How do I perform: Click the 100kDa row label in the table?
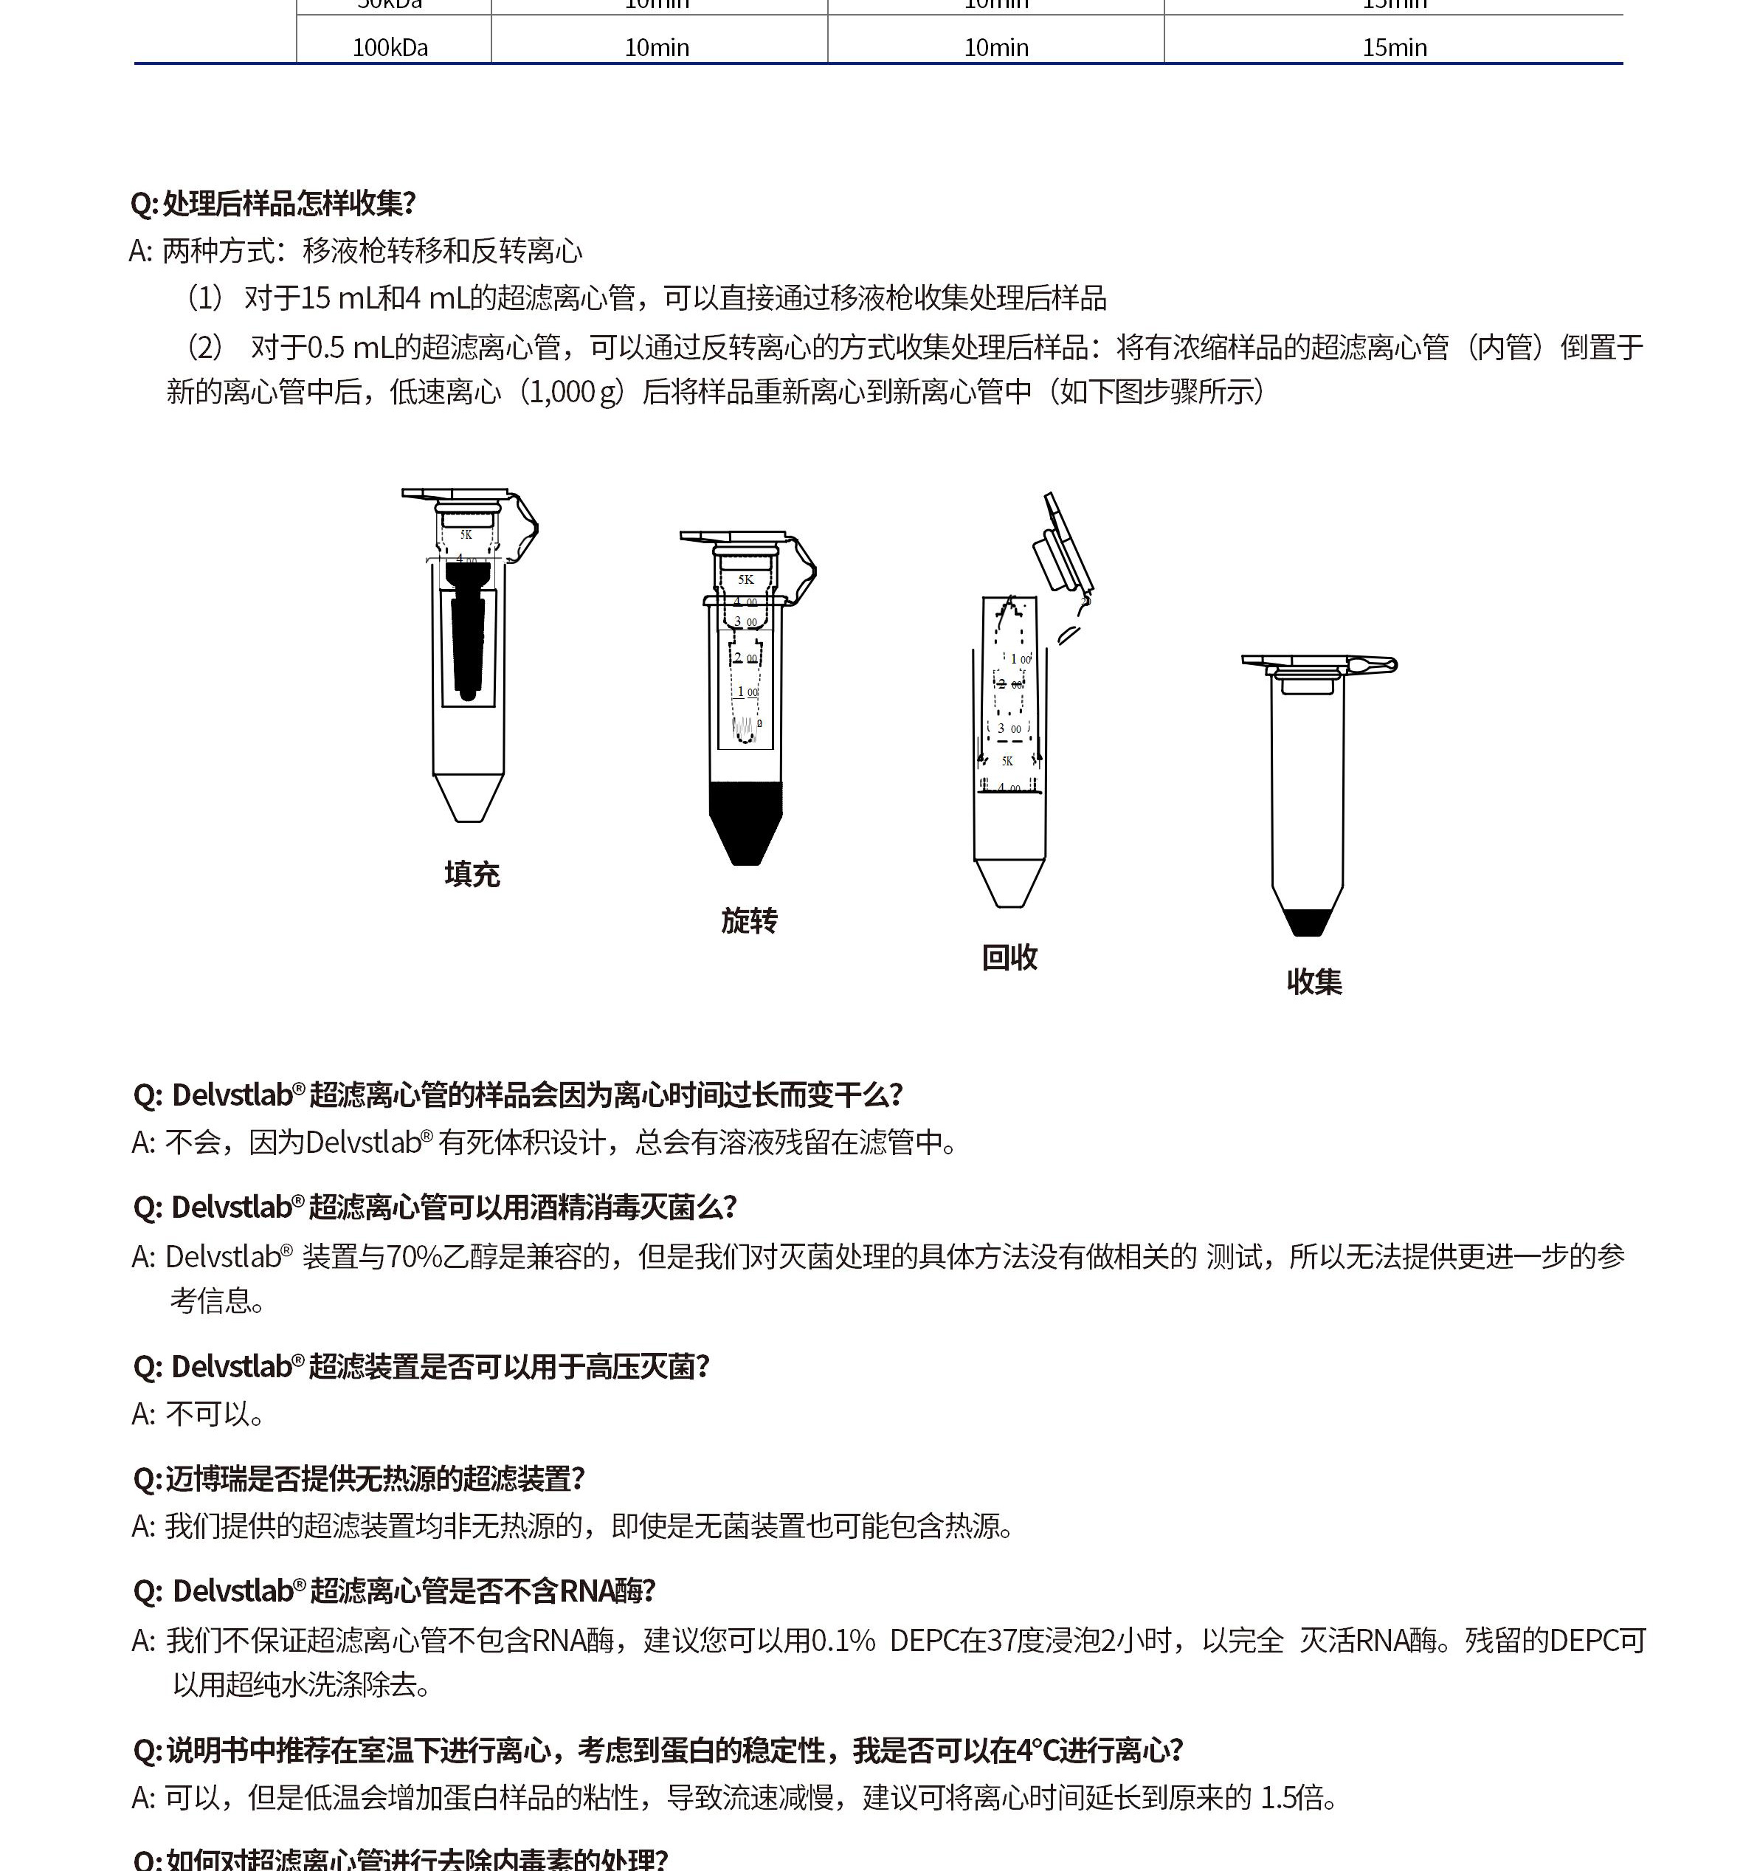[390, 47]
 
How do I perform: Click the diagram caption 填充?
[472, 875]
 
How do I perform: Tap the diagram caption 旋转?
[749, 920]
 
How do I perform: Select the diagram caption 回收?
[1009, 957]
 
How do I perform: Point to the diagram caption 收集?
[1314, 982]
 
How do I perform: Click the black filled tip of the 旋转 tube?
[745, 818]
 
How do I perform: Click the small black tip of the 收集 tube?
[1307, 923]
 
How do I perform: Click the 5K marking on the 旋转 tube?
[746, 579]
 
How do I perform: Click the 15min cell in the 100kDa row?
[1394, 47]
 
